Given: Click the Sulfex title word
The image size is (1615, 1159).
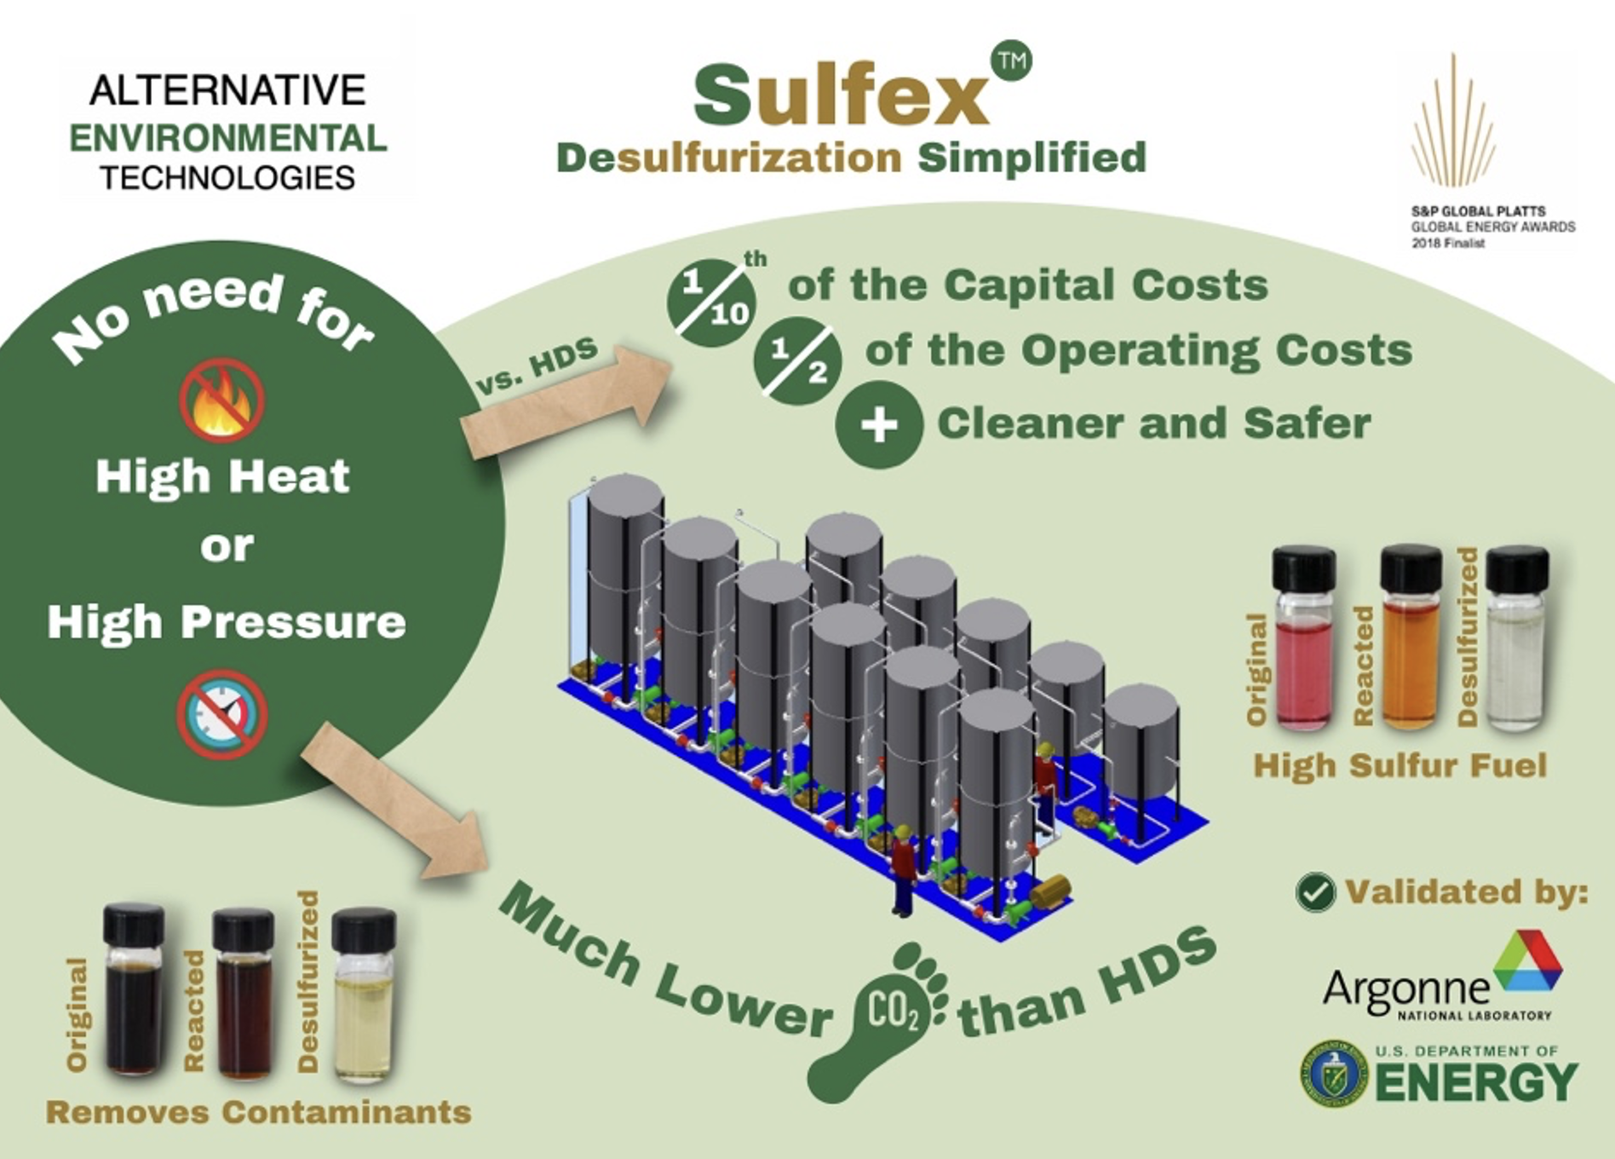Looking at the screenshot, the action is (842, 95).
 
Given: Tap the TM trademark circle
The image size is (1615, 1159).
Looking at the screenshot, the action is (1012, 61).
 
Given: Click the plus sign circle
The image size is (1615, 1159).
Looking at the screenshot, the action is (879, 424).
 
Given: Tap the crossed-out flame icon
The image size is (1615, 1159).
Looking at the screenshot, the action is (222, 400).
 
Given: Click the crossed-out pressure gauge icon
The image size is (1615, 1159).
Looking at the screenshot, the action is (222, 713).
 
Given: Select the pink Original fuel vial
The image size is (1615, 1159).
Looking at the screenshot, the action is (1303, 639).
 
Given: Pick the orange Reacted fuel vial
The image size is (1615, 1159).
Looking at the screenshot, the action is (1411, 639).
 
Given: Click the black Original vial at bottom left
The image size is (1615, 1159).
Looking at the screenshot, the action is (134, 992).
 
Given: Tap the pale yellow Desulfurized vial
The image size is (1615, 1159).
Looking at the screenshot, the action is (364, 997).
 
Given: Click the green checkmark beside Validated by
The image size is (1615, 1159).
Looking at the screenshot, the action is (1315, 892).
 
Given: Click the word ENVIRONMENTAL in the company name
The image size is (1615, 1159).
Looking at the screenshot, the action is (228, 139).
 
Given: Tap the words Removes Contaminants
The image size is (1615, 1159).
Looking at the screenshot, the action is (258, 1112).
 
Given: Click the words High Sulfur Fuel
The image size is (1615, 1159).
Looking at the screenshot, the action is (1399, 765).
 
